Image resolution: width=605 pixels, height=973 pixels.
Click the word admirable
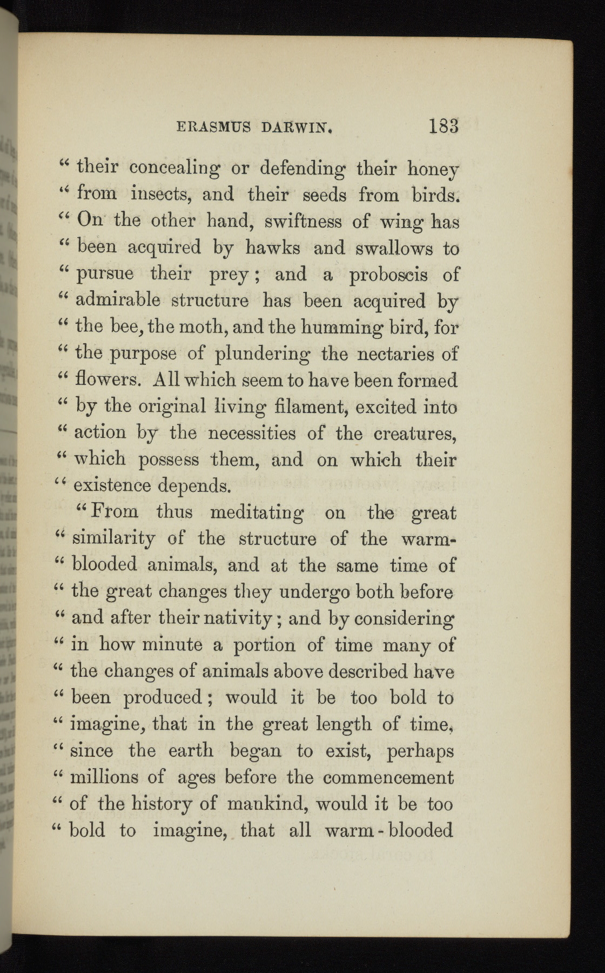118,300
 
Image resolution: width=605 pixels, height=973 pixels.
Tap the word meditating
256,512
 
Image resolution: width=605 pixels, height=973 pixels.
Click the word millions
105,777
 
